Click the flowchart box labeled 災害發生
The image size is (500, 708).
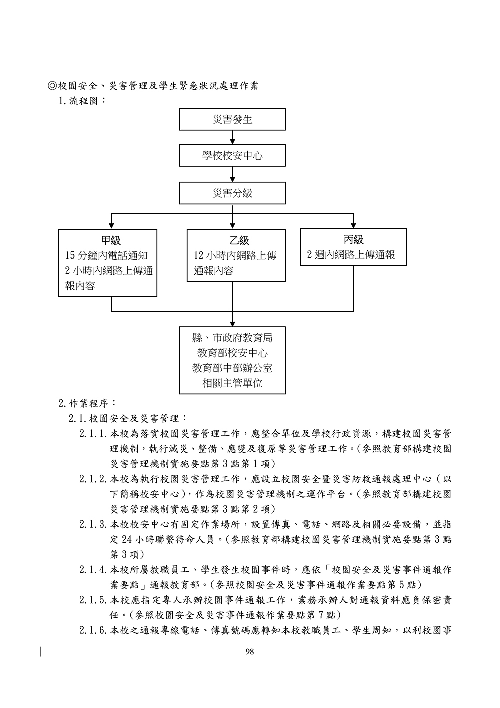coord(232,119)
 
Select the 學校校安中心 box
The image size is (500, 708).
coord(232,156)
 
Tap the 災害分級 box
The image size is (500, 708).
coord(232,193)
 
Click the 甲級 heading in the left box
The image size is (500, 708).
coord(111,241)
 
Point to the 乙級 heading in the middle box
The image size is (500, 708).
coord(236,241)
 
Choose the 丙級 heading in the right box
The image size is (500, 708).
coord(353,240)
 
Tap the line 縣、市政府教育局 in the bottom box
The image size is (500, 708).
coord(232,338)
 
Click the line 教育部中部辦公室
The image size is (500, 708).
coord(232,368)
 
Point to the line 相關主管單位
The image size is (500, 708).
coord(232,383)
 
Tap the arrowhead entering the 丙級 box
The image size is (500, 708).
coord(353,224)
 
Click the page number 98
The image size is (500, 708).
coord(250,651)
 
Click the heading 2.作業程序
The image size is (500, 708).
coord(88,403)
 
